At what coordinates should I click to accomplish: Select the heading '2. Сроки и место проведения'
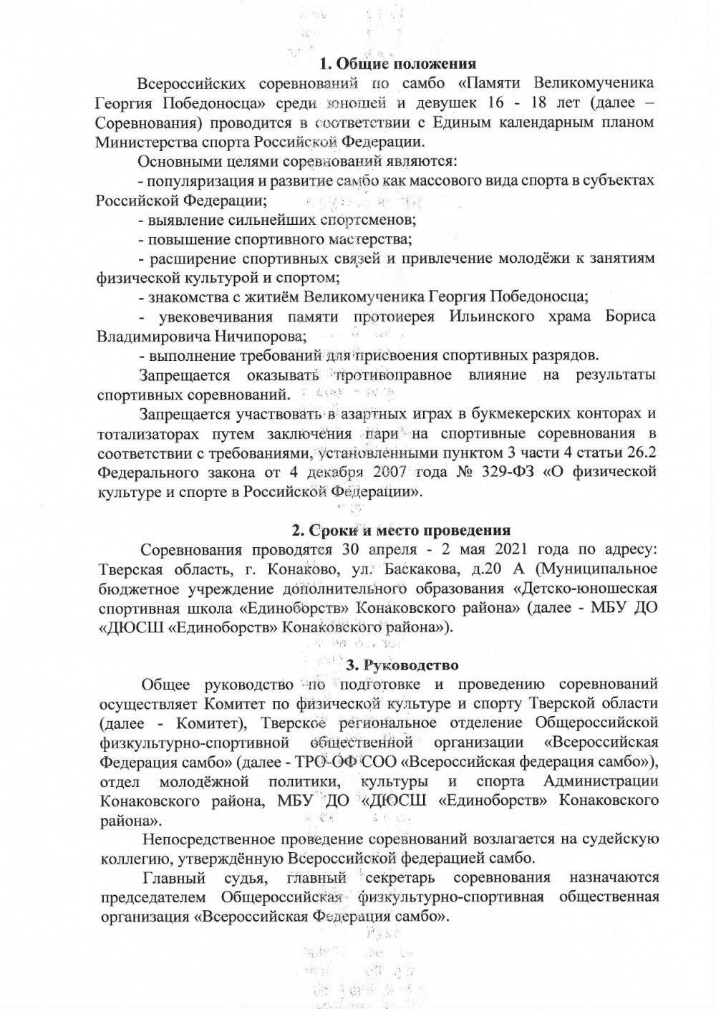click(401, 531)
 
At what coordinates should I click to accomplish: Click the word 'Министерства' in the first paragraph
click(150, 141)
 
